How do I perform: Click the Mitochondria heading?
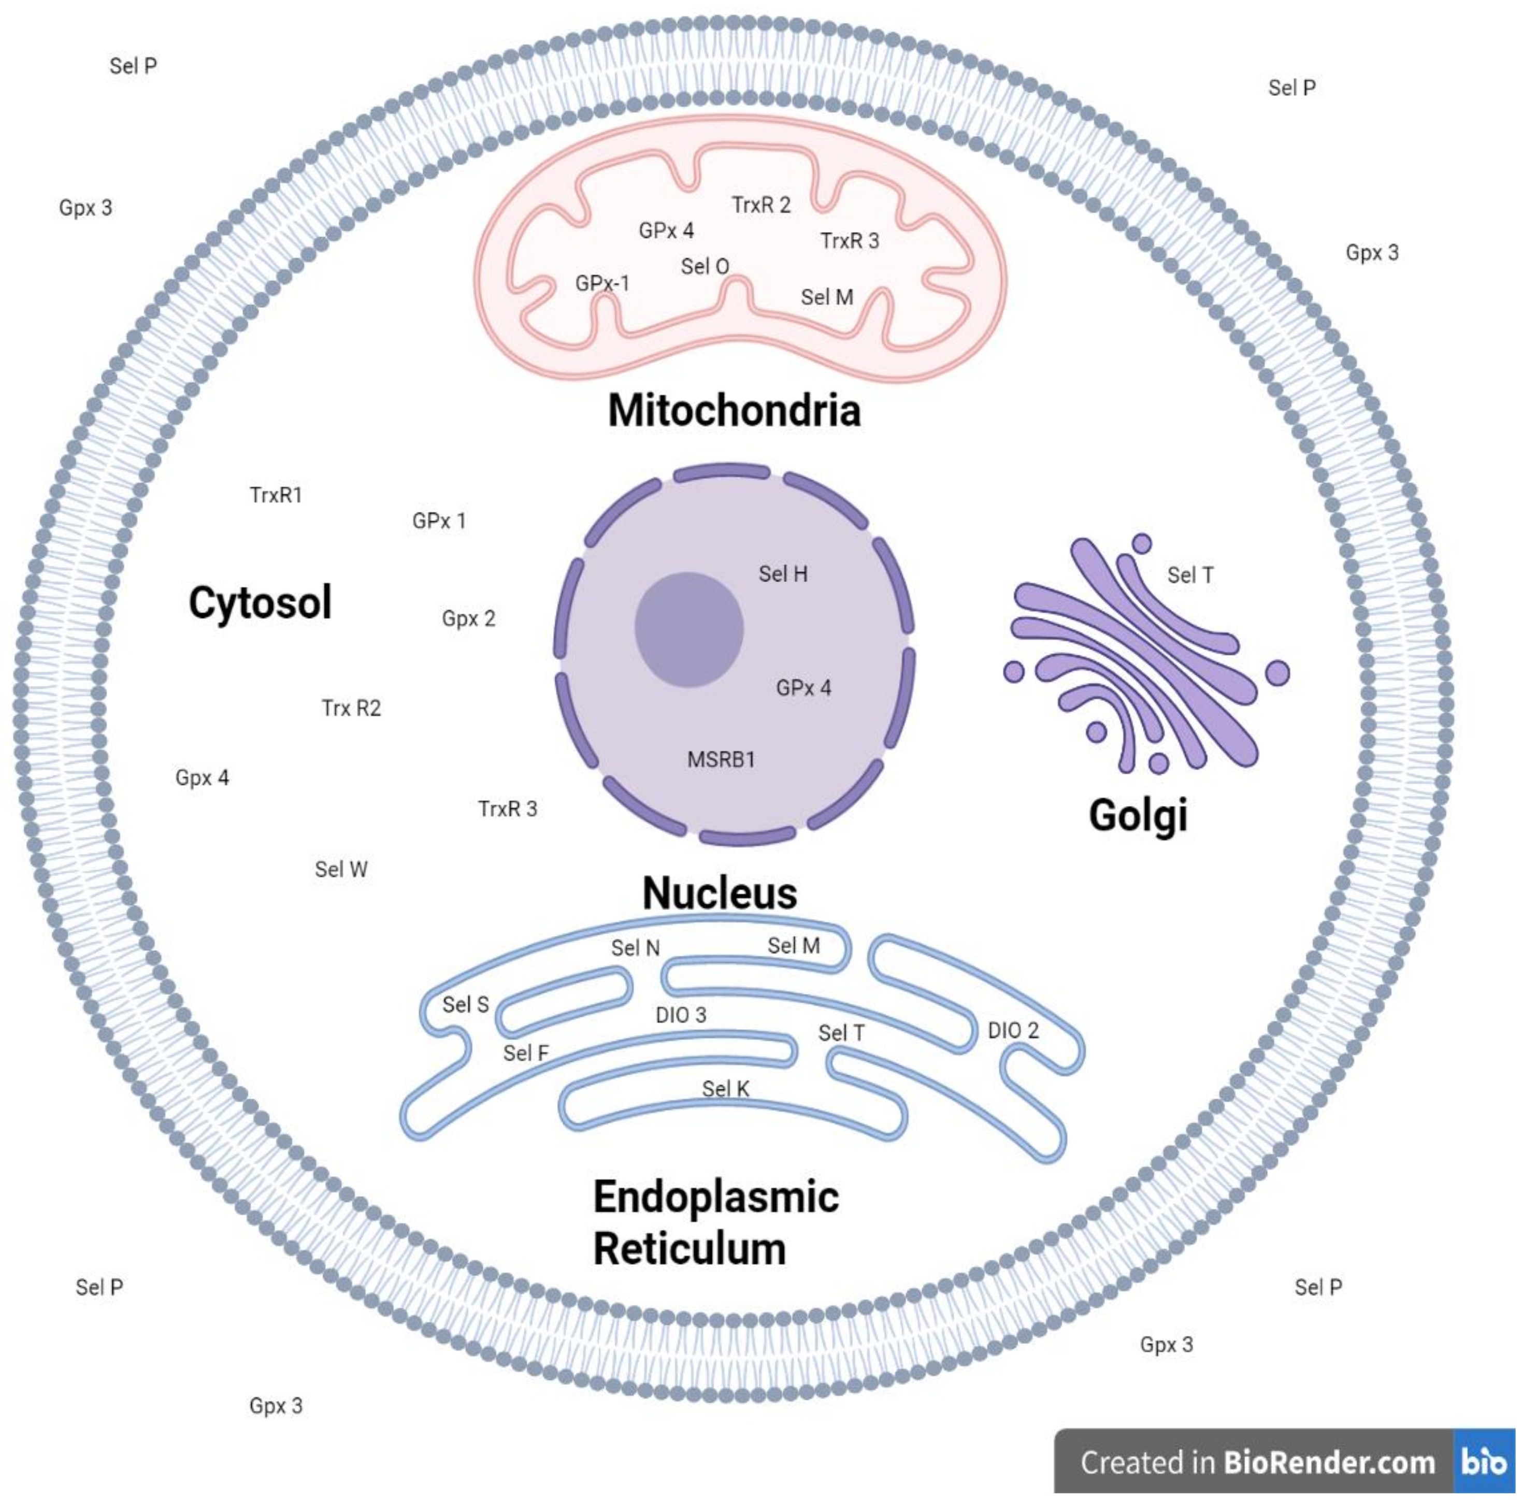pos(734,410)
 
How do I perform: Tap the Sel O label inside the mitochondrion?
pos(705,266)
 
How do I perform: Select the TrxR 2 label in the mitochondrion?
pos(760,205)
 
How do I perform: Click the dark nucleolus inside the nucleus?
pos(688,629)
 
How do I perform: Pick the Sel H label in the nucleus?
pos(782,573)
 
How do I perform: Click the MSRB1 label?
pos(721,759)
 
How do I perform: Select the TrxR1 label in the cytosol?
pos(276,495)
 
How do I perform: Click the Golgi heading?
pos(1137,815)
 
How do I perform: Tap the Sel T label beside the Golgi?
pos(1190,575)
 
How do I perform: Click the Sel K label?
pos(725,1088)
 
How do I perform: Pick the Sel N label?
pos(635,948)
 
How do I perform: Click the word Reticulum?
pos(689,1249)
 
